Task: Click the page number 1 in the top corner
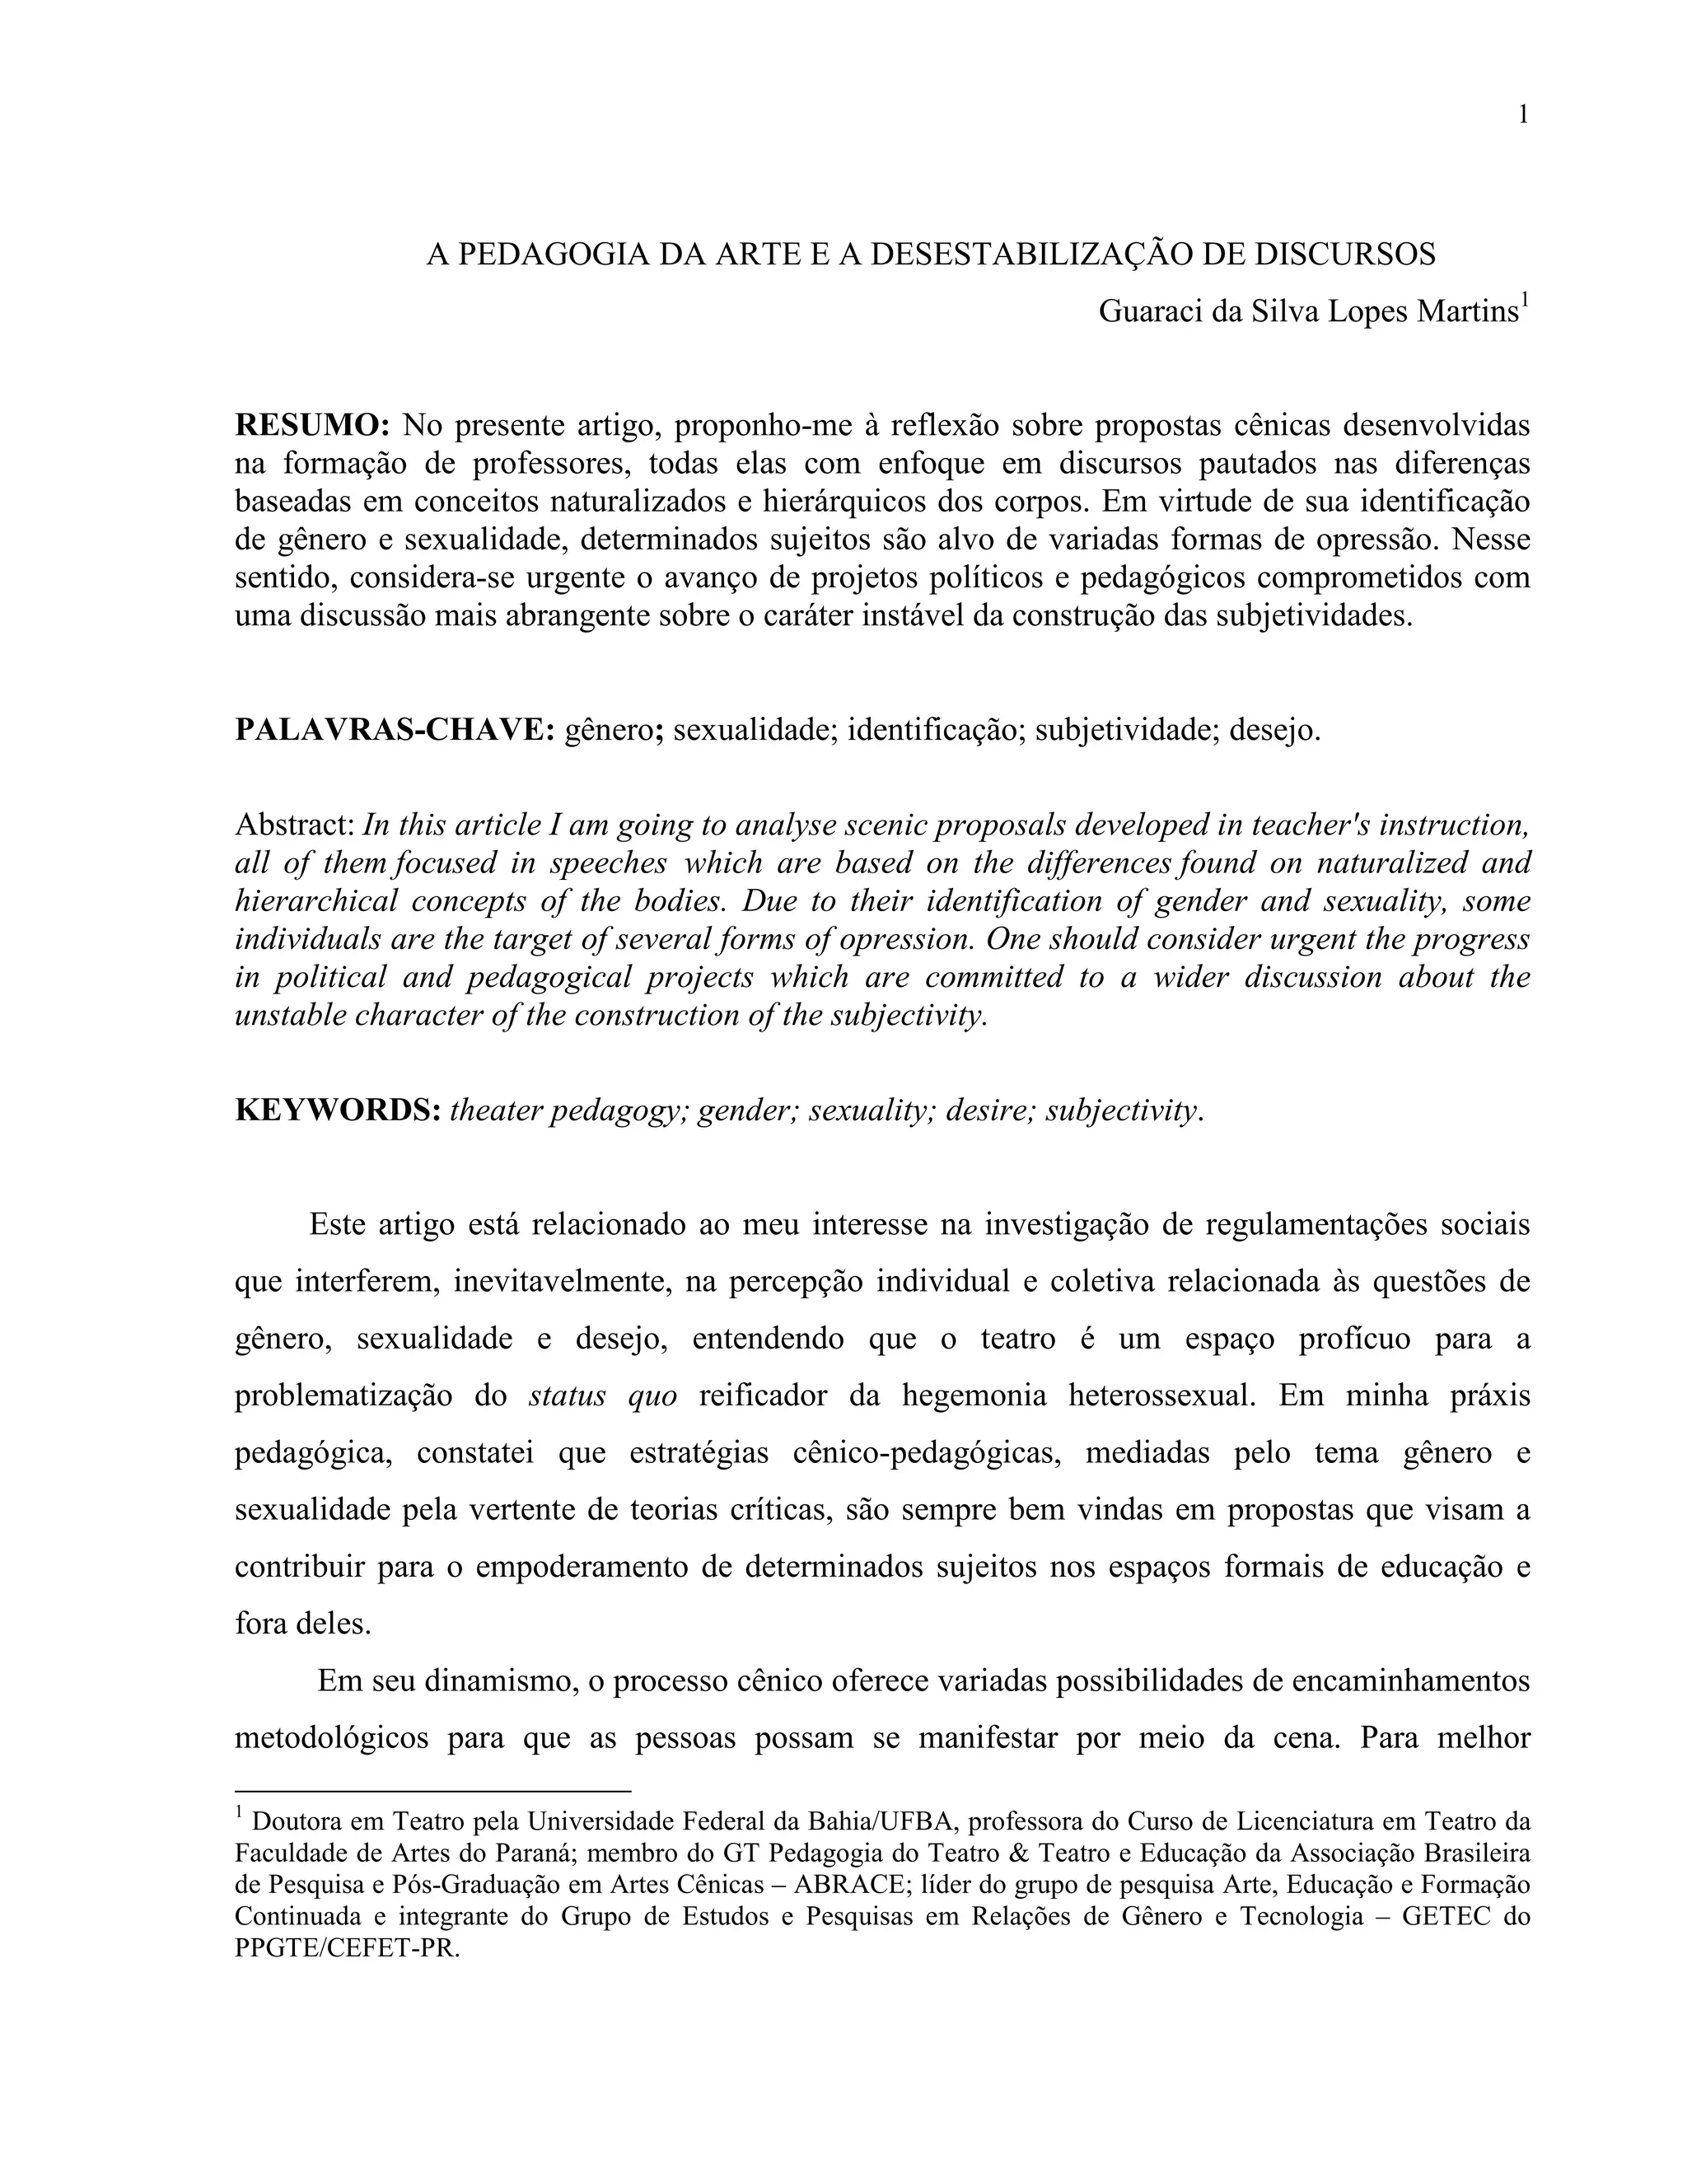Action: [x=1523, y=115]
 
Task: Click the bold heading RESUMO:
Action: [x=312, y=425]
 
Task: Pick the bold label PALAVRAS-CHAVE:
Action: [x=395, y=731]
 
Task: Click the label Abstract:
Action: [x=295, y=825]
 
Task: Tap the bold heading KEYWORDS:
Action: [x=338, y=1110]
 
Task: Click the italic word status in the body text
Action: [x=568, y=1395]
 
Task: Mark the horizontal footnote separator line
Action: [x=432, y=1793]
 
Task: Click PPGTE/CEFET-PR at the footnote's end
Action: [x=347, y=1949]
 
